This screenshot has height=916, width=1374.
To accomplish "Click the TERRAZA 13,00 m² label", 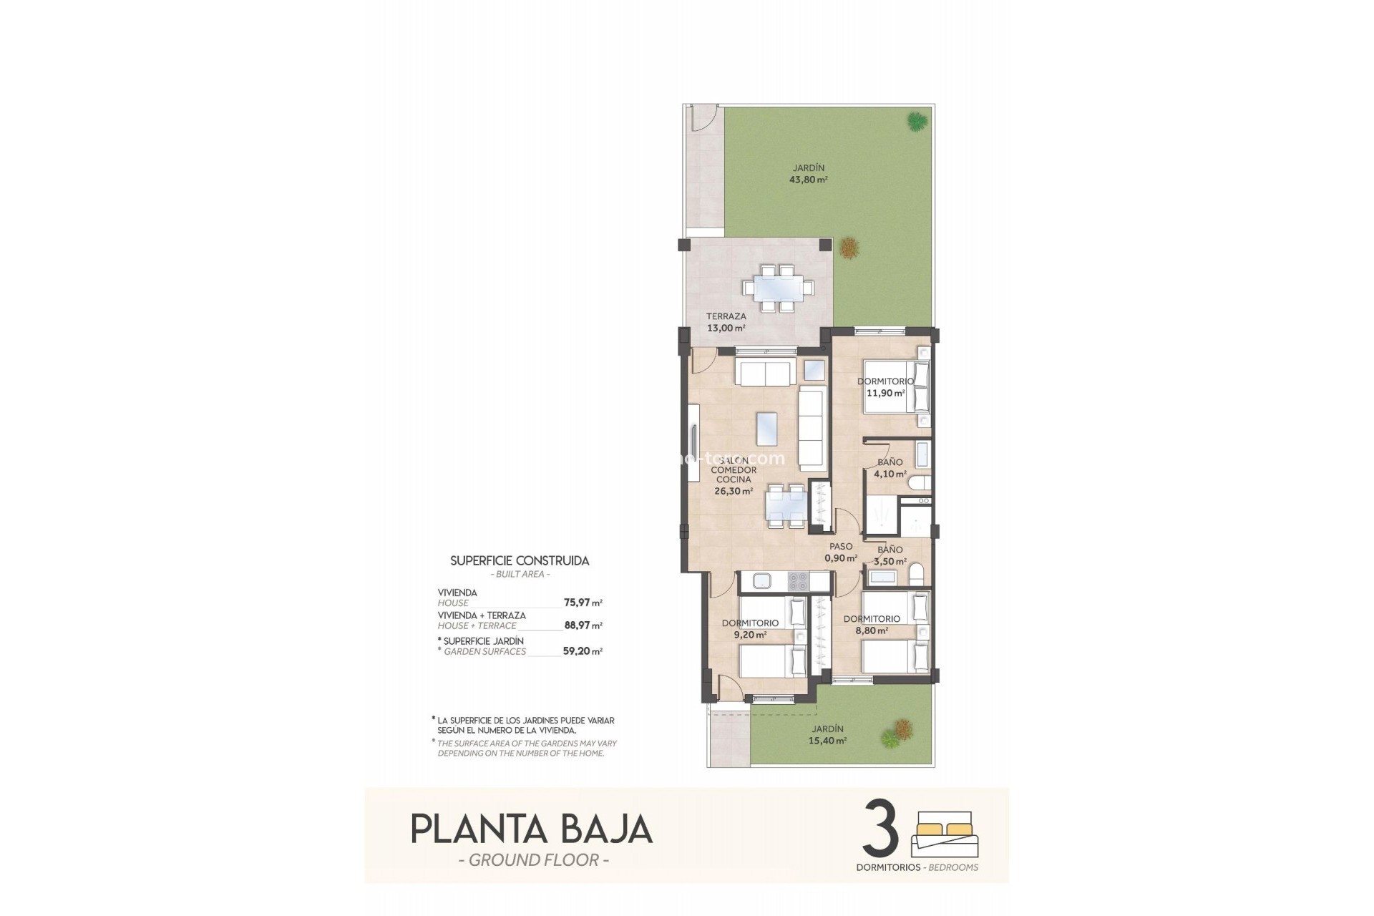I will pos(726,322).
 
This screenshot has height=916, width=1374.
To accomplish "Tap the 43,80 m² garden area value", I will pos(808,180).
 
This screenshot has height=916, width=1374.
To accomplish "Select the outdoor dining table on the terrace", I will pos(777,288).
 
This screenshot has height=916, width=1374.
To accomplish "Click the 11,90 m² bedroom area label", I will pos(885,393).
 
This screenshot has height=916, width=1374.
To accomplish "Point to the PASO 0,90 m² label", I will pos(840,552).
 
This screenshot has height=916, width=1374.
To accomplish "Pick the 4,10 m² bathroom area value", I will pos(890,474).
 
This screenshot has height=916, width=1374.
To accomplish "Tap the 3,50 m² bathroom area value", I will pos(890,562).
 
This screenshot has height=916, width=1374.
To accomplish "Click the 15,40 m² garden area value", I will pos(827,741).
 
